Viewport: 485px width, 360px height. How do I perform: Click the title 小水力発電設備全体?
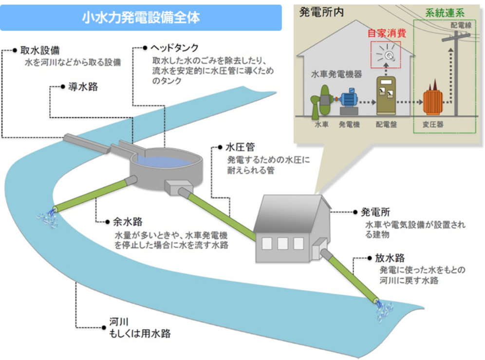click(141, 18)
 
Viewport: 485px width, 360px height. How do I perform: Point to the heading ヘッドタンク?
click(174, 48)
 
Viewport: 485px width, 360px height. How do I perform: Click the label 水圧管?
click(241, 146)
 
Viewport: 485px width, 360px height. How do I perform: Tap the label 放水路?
click(390, 258)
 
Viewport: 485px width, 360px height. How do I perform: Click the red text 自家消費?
click(387, 34)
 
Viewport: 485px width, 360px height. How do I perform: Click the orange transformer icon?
click(433, 101)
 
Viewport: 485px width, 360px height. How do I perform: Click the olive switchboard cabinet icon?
click(387, 95)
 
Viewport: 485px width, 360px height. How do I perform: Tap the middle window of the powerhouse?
click(282, 243)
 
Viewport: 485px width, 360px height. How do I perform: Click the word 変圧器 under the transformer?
click(433, 125)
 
